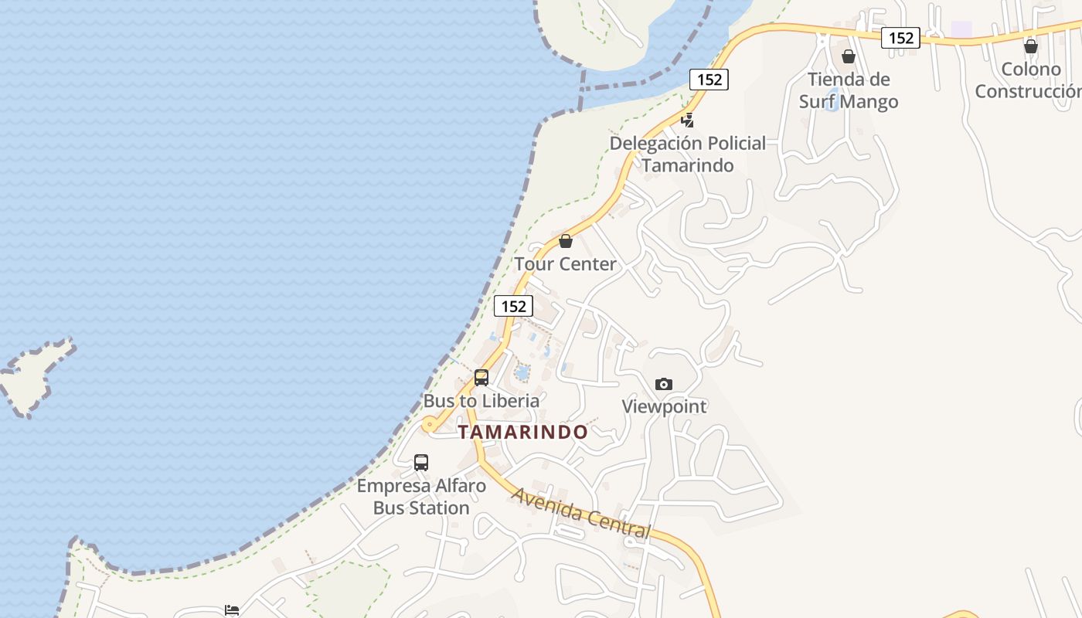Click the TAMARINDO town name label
coord(522,432)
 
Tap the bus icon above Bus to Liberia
coord(481,378)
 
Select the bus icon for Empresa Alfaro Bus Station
coord(421,463)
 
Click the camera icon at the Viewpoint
coord(663,384)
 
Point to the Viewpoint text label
coord(664,406)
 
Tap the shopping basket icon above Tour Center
coord(566,241)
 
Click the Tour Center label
coord(566,264)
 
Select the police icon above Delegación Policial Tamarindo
coord(687,120)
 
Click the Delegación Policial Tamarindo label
coord(688,154)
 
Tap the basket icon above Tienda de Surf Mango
coord(849,56)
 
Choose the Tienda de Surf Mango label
coord(849,90)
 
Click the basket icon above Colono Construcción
coord(1030,46)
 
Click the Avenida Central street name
coord(581,512)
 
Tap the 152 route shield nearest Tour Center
coord(513,306)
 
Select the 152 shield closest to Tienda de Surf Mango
coord(900,37)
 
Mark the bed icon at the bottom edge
coord(231,610)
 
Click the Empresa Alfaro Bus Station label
coord(421,497)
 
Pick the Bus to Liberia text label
coord(481,401)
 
